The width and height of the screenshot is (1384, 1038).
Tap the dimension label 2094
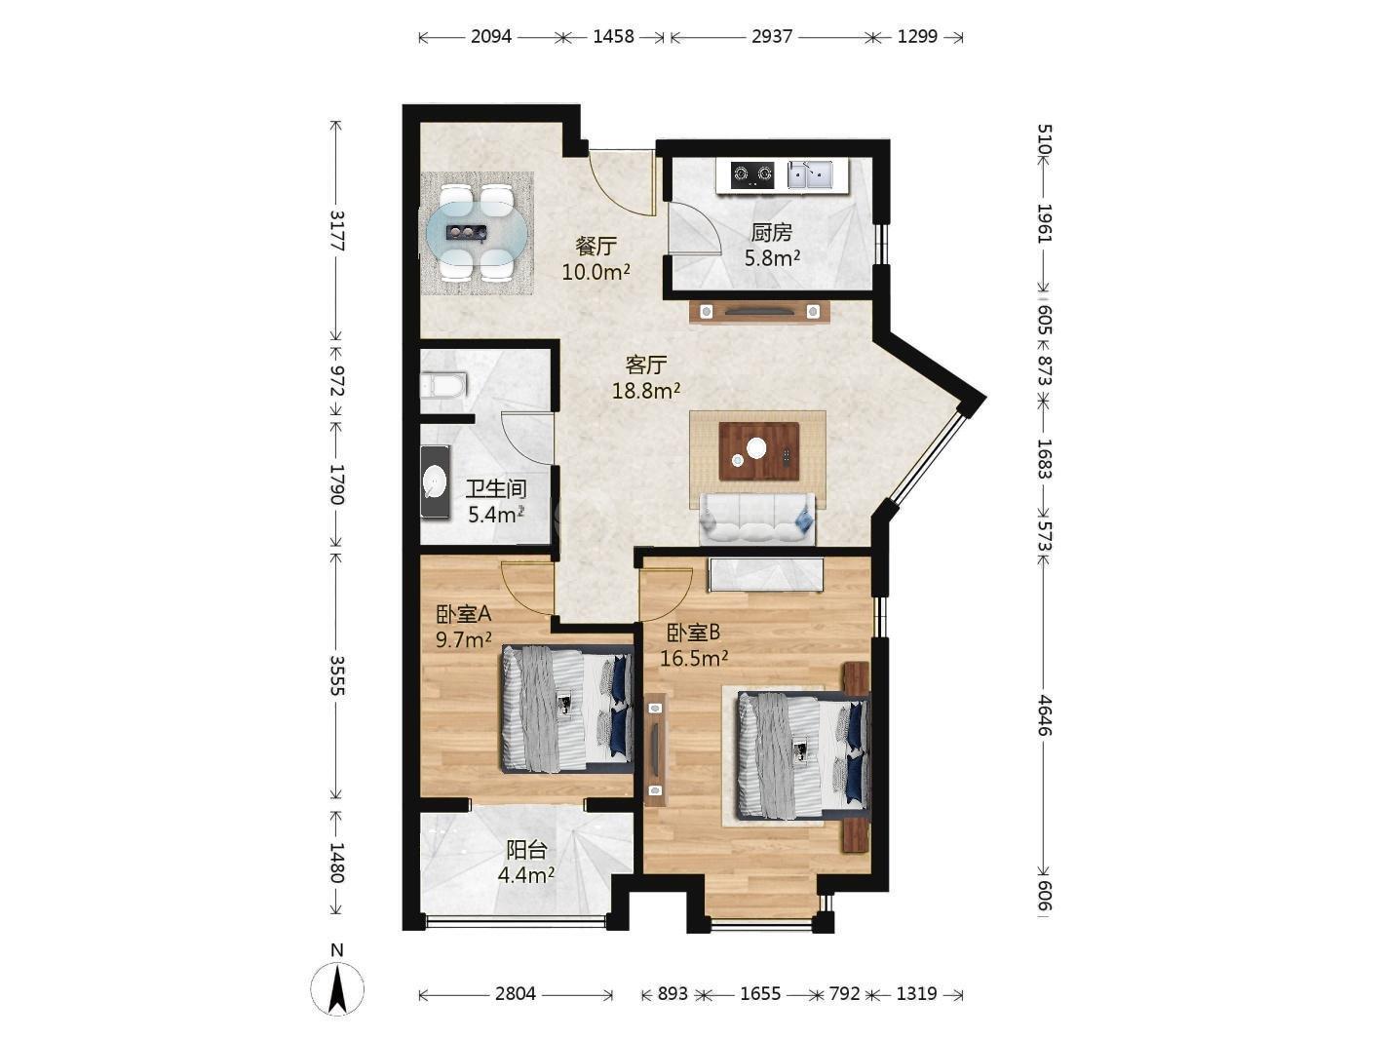[x=491, y=37]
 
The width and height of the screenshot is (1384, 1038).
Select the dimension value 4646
[x=1044, y=715]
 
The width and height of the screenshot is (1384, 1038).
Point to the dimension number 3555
[x=337, y=675]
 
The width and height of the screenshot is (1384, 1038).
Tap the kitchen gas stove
[x=752, y=174]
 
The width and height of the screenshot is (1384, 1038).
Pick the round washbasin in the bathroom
[x=435, y=482]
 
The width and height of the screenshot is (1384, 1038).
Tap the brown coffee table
[x=759, y=451]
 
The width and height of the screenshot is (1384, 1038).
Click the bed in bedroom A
[x=567, y=709]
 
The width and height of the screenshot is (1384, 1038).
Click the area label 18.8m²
[x=645, y=392]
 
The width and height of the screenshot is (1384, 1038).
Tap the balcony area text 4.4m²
[x=526, y=875]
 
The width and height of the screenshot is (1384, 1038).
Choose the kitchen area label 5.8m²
[x=772, y=257]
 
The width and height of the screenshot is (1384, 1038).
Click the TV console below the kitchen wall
[x=759, y=311]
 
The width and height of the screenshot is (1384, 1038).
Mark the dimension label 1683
[x=1044, y=458]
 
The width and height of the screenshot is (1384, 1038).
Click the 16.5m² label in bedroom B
[x=694, y=659]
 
